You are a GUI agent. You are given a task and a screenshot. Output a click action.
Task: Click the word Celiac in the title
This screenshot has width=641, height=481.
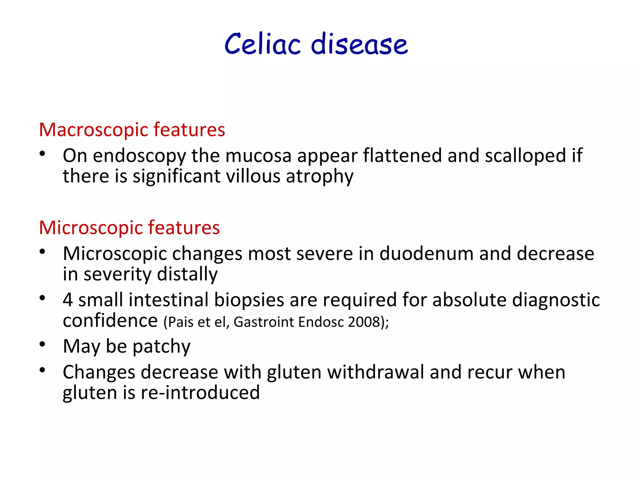(263, 44)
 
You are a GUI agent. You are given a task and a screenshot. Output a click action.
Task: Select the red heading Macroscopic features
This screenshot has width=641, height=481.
(132, 130)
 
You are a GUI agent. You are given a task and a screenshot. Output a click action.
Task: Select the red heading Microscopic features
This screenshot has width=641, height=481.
(129, 228)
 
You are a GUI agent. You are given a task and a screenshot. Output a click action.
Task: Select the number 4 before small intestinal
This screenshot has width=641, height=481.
(68, 300)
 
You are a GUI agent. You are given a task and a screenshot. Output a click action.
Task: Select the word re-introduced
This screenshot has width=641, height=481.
(200, 393)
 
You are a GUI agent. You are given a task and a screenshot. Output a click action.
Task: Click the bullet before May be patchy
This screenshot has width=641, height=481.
(43, 344)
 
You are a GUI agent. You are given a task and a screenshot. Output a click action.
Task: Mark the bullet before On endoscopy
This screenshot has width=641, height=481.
(43, 154)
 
